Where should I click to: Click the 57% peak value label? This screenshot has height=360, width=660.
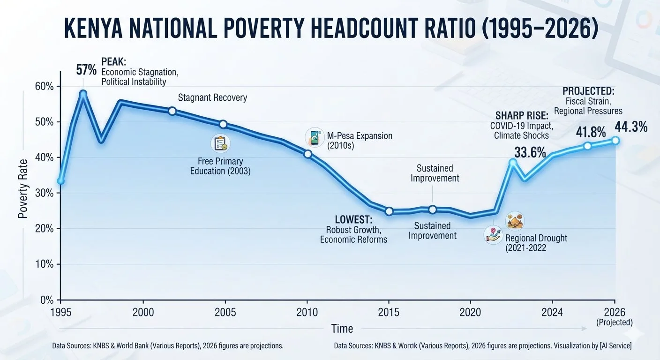pos(86,70)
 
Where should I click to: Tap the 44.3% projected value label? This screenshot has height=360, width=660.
pos(631,127)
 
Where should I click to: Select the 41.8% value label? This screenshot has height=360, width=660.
pos(591,132)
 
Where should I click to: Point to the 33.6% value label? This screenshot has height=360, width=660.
pos(530,153)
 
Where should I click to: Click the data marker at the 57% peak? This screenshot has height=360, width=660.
pos(83,94)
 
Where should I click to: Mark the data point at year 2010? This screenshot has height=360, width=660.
pos(307,154)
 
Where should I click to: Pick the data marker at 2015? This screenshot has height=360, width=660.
pos(389,211)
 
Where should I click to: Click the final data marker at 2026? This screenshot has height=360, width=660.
pos(615,141)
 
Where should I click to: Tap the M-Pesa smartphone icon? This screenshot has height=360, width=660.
pos(315,137)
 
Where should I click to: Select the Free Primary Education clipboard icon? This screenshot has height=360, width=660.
pos(220,143)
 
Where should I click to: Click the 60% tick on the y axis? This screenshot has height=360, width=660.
pos(58,87)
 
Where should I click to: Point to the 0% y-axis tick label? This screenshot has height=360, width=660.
pos(47,300)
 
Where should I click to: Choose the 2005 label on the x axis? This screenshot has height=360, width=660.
pos(225,312)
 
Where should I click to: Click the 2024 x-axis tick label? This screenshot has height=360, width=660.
pos(552,312)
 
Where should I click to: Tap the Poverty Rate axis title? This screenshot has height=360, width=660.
pos(22,188)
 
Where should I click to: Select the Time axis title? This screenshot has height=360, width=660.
pos(342,329)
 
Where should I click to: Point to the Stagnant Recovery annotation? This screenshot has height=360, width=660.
pos(212,97)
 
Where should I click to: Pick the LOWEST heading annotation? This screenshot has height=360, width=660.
pos(353,219)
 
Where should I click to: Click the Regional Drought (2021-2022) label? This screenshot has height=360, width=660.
pos(536,243)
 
